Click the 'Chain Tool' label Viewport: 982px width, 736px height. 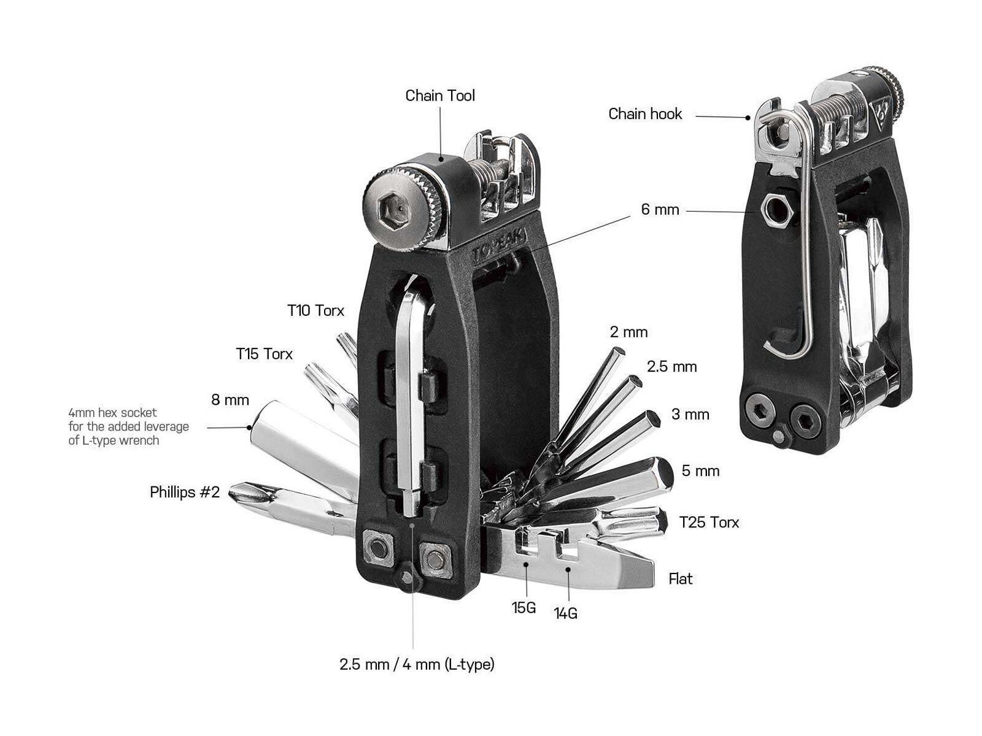440,96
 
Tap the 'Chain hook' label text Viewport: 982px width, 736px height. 644,114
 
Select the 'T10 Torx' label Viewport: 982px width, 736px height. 315,310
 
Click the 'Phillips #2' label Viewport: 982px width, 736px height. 184,493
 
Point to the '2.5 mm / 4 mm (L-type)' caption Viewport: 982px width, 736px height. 417,664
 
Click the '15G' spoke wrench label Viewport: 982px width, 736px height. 524,608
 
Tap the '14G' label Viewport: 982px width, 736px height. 565,613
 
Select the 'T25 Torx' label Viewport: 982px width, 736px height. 709,523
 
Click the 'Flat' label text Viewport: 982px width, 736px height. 681,579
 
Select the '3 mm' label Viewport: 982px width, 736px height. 690,415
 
